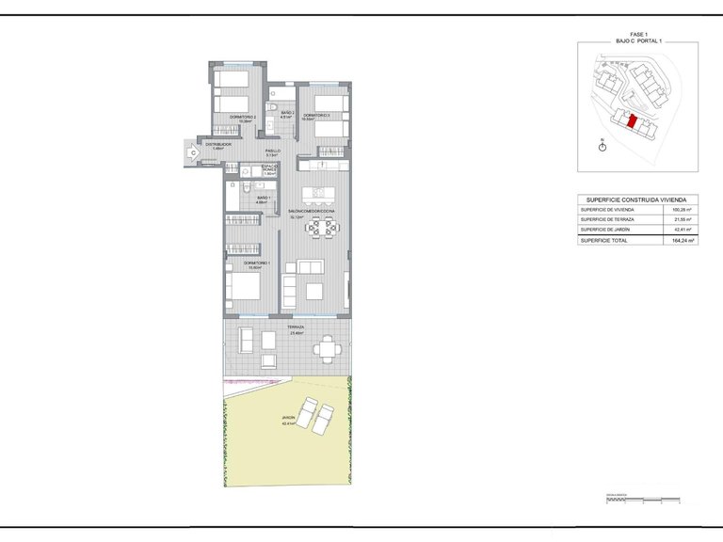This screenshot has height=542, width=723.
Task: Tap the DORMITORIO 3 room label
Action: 316,116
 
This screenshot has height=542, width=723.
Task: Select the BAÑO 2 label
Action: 273,114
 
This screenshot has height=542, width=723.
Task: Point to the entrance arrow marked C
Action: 192,151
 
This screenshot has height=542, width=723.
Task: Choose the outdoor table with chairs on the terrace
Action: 327,349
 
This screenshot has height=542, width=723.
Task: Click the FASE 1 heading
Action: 638,34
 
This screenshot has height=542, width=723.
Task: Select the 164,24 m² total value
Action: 683,241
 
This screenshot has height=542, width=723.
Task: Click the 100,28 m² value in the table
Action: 683,209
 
